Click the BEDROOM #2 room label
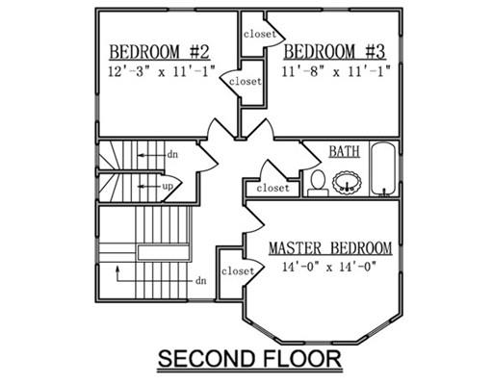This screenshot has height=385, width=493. pyautogui.click(x=160, y=52)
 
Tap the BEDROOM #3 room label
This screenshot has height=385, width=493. pyautogui.click(x=334, y=51)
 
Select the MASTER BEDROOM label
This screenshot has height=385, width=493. pyautogui.click(x=330, y=248)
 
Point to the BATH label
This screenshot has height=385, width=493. pyautogui.click(x=344, y=151)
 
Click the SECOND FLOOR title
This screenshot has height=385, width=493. pyautogui.click(x=249, y=359)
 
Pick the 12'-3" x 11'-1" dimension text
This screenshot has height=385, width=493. pyautogui.click(x=161, y=71)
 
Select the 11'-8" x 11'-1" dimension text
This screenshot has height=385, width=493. pyautogui.click(x=336, y=71)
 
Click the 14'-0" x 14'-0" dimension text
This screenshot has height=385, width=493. pyautogui.click(x=329, y=267)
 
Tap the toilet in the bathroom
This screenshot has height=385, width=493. pyautogui.click(x=318, y=183)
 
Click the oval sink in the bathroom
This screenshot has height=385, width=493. pyautogui.click(x=347, y=183)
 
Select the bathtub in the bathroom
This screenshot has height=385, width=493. pyautogui.click(x=383, y=168)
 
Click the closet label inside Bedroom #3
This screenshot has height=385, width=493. pyautogui.click(x=260, y=34)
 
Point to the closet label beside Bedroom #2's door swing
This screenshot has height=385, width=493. pyautogui.click(x=246, y=82)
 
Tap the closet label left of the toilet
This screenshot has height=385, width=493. pyautogui.click(x=272, y=188)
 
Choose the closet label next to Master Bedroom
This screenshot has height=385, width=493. pyautogui.click(x=238, y=271)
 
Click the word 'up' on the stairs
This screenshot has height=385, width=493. pyautogui.click(x=168, y=186)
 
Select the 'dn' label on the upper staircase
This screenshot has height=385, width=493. pyautogui.click(x=172, y=155)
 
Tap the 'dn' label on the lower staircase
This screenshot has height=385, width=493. pyautogui.click(x=201, y=281)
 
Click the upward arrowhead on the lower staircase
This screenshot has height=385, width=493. pyautogui.click(x=117, y=269)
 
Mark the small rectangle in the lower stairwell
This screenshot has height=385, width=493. pyautogui.click(x=164, y=252)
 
